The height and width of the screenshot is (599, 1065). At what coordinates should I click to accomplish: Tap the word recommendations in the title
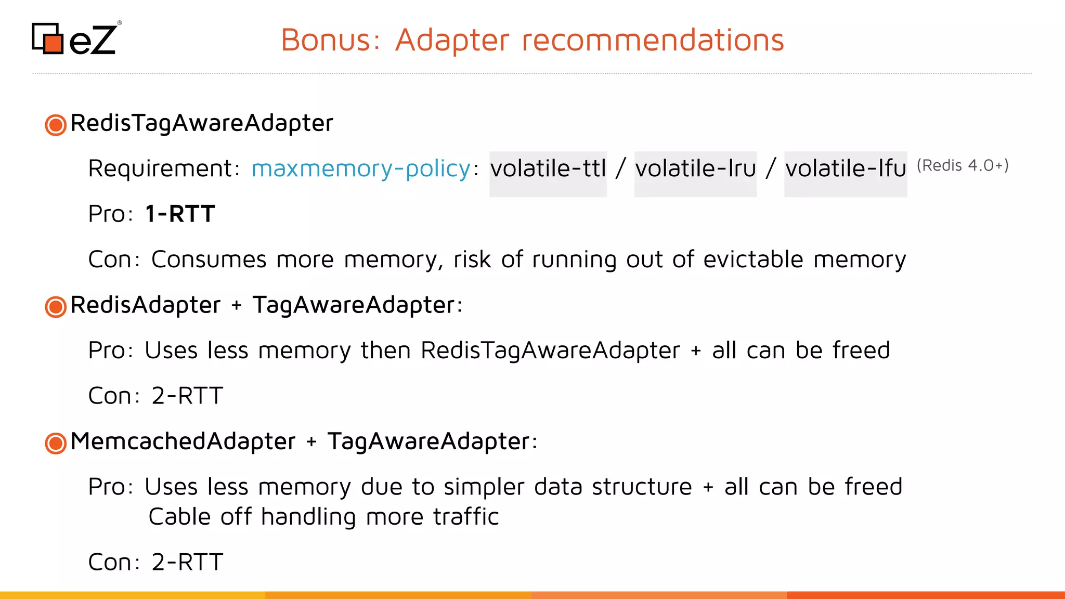pos(653,40)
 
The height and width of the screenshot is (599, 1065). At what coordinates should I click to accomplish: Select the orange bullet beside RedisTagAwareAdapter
pos(56,125)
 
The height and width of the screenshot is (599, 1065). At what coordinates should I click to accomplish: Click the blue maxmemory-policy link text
pos(361,168)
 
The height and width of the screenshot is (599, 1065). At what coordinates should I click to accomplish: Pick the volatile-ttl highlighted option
pos(548,168)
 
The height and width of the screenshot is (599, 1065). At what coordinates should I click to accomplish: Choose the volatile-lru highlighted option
pos(695,168)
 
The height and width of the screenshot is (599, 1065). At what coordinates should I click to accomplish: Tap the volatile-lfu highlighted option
pos(846,168)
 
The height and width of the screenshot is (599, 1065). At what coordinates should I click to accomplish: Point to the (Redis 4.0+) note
pos(963,165)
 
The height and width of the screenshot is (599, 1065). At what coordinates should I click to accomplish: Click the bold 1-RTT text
pos(180,214)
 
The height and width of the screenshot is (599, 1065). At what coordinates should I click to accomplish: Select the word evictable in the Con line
pos(753,259)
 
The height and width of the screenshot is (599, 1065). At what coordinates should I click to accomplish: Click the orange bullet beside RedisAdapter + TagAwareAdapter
pos(56,307)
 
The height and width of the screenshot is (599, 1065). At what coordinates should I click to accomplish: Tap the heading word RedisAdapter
pos(146,305)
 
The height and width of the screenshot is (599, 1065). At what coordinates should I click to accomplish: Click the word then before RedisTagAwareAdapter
pos(385,350)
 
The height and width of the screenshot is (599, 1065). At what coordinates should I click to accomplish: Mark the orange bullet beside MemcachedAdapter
pos(56,444)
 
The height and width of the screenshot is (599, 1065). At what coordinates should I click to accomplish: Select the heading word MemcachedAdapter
pos(183,441)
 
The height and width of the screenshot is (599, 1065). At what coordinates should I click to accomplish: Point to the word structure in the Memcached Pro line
pos(642,487)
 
